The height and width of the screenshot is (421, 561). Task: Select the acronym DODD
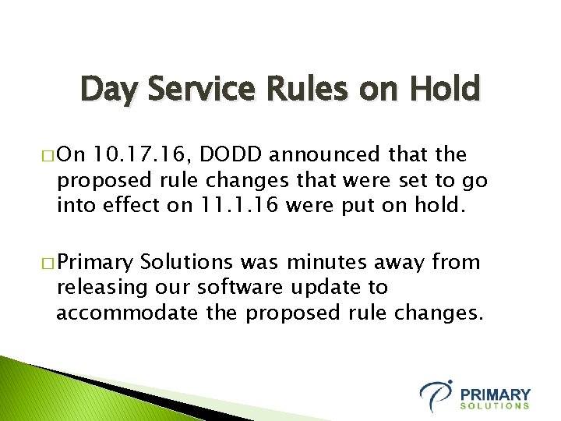(228, 154)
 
